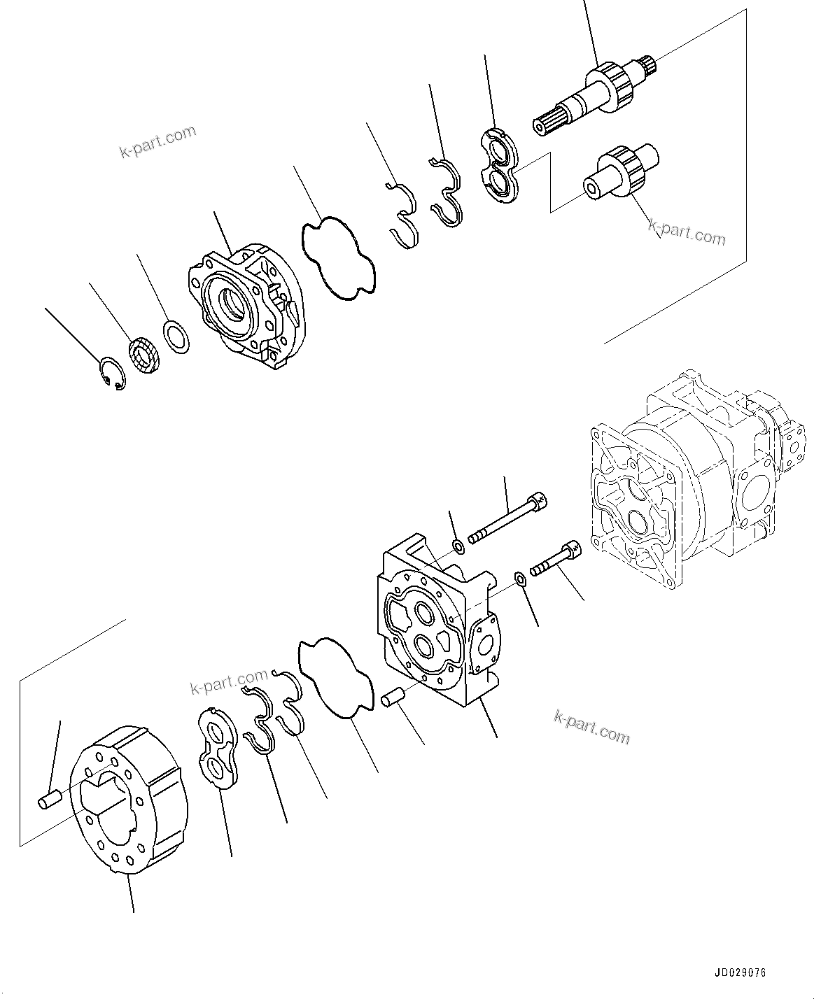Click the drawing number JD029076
tap(741, 973)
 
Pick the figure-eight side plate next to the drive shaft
tap(500, 166)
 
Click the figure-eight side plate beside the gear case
tap(216, 752)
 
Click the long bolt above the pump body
tap(507, 518)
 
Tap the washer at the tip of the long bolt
tap(458, 546)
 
